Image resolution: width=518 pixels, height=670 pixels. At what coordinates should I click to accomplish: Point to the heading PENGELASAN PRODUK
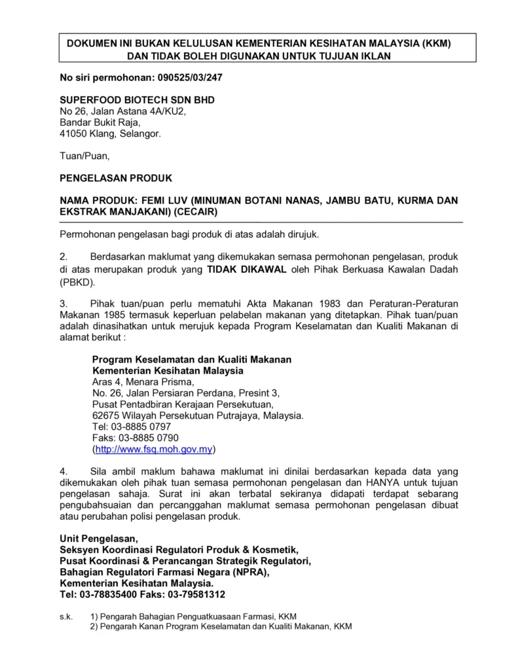point(116,177)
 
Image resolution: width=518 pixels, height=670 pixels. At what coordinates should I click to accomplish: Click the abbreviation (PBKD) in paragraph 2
point(77,283)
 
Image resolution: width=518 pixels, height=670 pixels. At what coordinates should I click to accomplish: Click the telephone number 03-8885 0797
point(141,427)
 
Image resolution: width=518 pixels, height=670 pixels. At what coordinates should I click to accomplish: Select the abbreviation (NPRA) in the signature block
point(248,571)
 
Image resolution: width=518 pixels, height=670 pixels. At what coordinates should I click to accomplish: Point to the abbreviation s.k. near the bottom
point(65,616)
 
